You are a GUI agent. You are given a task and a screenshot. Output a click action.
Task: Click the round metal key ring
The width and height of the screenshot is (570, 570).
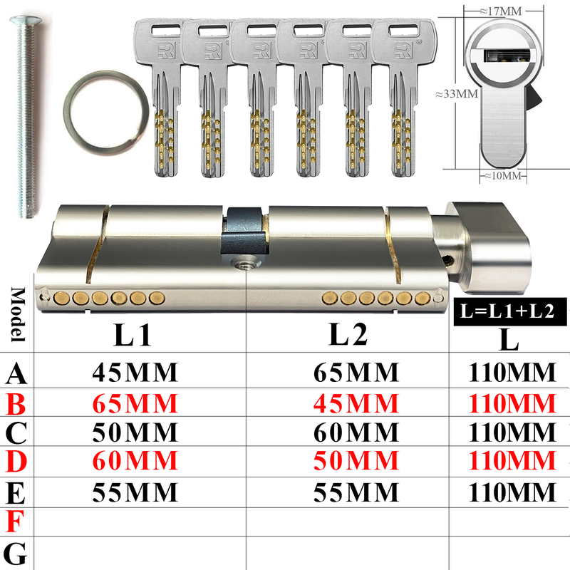point(67,113)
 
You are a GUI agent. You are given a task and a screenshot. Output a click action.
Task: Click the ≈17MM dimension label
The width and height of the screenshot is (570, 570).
point(501,11)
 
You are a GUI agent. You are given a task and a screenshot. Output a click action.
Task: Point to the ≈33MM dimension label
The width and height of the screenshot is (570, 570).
point(457,94)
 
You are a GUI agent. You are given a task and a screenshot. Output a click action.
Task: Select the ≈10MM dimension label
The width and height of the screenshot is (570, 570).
point(503,176)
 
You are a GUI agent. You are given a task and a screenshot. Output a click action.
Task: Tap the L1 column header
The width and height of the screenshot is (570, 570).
point(133,335)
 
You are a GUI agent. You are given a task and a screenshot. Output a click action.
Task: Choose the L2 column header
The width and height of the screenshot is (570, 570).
point(348,334)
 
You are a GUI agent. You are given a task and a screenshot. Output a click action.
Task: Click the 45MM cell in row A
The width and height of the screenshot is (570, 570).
point(135,372)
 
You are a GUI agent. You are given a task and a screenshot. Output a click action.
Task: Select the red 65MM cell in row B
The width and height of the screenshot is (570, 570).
point(135,403)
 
